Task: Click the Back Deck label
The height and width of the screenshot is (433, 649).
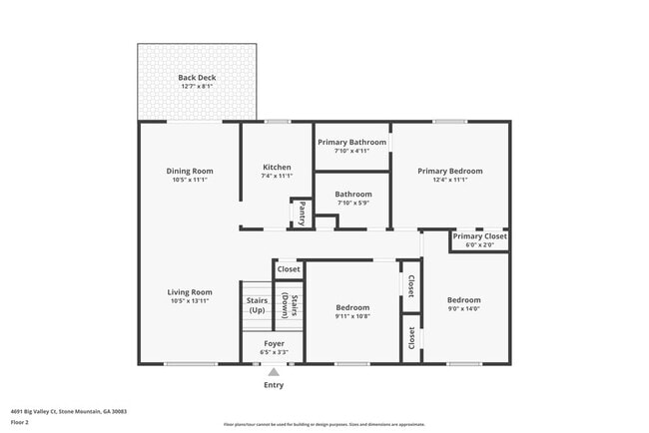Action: (x=197, y=78)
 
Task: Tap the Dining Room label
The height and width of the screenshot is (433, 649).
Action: (x=190, y=171)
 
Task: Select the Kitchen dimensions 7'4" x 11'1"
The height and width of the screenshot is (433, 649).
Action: (x=277, y=176)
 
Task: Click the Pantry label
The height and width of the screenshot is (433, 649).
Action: (x=302, y=214)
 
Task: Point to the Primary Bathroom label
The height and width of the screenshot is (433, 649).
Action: (x=351, y=142)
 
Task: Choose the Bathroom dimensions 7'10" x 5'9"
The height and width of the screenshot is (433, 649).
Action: (x=352, y=203)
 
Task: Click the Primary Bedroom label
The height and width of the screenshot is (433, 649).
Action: (x=449, y=171)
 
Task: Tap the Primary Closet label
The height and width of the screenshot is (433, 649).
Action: (x=479, y=236)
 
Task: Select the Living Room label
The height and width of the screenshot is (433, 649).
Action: (x=190, y=292)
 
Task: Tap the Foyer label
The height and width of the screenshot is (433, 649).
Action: (x=273, y=343)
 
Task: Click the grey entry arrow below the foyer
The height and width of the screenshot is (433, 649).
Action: (x=273, y=372)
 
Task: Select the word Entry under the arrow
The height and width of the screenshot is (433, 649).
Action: (x=273, y=385)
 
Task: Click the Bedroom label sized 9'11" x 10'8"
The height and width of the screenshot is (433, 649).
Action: (x=352, y=307)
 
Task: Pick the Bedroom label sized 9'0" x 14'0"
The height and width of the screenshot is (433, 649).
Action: (x=463, y=300)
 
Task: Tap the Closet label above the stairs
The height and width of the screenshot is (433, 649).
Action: (x=289, y=269)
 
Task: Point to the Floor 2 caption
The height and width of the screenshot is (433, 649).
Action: (x=20, y=422)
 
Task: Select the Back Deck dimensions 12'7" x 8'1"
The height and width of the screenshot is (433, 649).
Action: (x=197, y=87)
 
